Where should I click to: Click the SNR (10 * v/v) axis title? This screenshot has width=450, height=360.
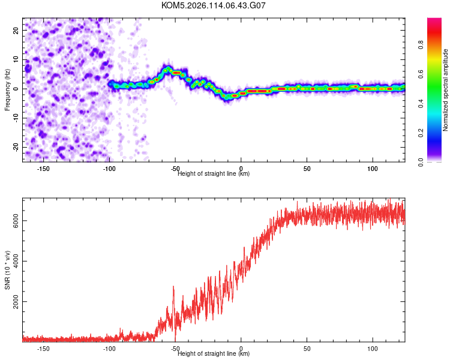(8, 269)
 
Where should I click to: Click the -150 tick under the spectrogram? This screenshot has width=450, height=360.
(43, 168)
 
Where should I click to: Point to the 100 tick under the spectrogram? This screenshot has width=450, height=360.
(373, 168)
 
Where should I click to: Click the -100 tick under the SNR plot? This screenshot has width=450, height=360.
(109, 348)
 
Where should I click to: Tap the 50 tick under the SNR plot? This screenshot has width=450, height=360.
(307, 348)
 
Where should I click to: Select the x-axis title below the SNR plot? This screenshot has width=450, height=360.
(214, 354)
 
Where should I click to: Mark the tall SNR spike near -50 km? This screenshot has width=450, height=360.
(173, 287)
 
